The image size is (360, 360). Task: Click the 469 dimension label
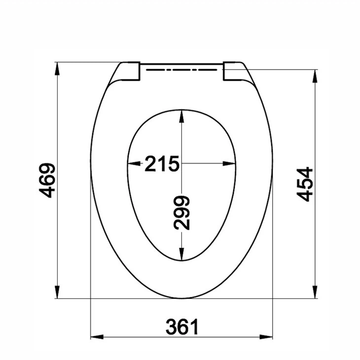(x=47, y=180)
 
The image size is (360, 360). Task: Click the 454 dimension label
(x=305, y=184)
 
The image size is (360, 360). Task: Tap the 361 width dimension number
(x=182, y=326)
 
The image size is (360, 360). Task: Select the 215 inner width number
(x=161, y=164)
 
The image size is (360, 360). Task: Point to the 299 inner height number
(x=182, y=213)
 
